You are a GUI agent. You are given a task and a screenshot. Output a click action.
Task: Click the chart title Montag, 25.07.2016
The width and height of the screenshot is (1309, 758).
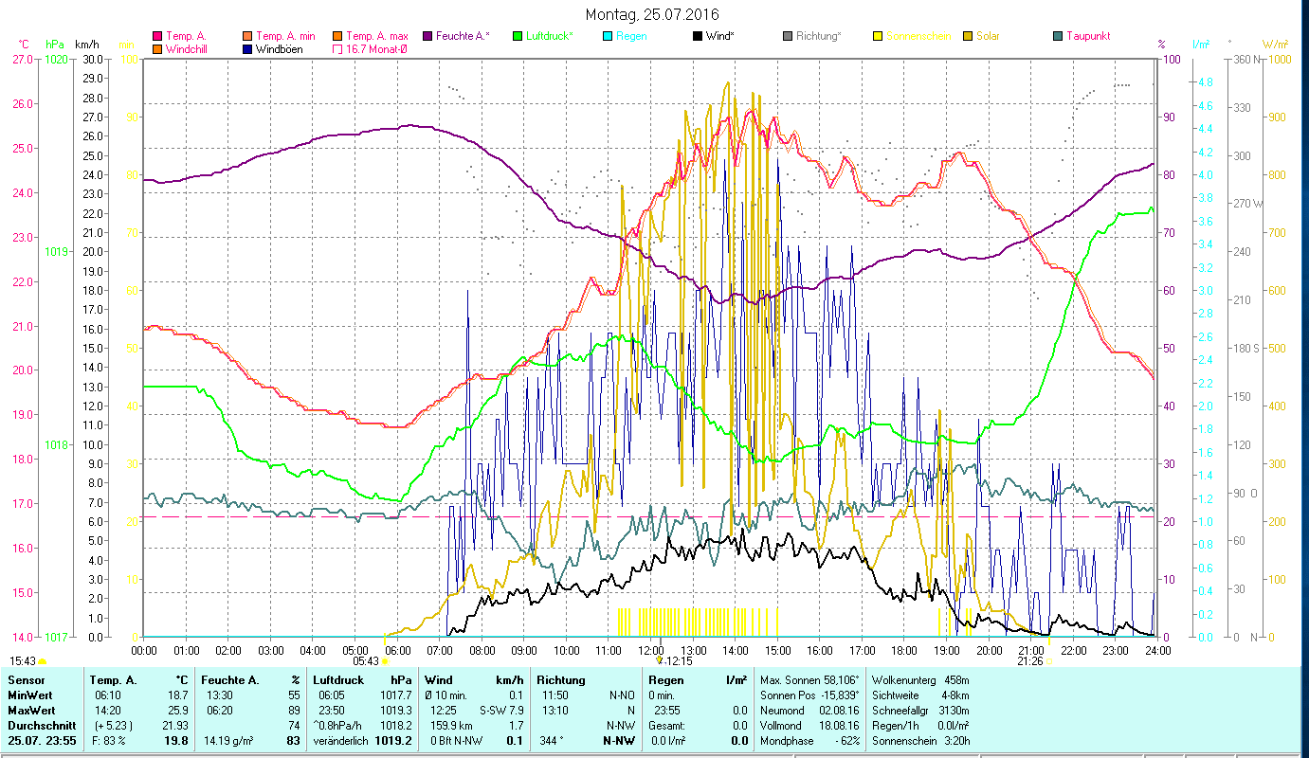pyautogui.click(x=652, y=14)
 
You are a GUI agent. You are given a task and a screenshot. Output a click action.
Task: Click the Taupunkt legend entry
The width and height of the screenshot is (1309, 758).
pyautogui.click(x=1087, y=36)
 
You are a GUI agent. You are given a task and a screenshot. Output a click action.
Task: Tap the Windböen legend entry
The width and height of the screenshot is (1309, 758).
pyautogui.click(x=279, y=49)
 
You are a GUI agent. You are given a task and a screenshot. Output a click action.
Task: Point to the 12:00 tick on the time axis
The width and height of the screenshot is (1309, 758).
pyautogui.click(x=651, y=650)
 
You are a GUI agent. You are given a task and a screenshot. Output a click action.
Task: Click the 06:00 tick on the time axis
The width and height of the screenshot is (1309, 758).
pyautogui.click(x=397, y=650)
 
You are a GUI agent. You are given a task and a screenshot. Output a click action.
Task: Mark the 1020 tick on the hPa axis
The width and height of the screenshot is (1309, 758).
pyautogui.click(x=56, y=59)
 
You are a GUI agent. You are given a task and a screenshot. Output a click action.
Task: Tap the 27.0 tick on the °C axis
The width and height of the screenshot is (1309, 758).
pyautogui.click(x=22, y=59)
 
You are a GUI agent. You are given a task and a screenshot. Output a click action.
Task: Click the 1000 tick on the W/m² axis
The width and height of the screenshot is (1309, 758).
pyautogui.click(x=1279, y=59)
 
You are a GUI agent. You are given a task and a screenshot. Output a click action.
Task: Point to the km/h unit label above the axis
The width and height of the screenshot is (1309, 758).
pyautogui.click(x=86, y=45)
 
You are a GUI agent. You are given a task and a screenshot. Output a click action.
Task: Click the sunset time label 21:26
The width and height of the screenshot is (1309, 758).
pyautogui.click(x=1029, y=661)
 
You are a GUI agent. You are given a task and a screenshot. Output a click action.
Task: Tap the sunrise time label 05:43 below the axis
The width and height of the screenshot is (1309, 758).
pyautogui.click(x=366, y=661)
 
